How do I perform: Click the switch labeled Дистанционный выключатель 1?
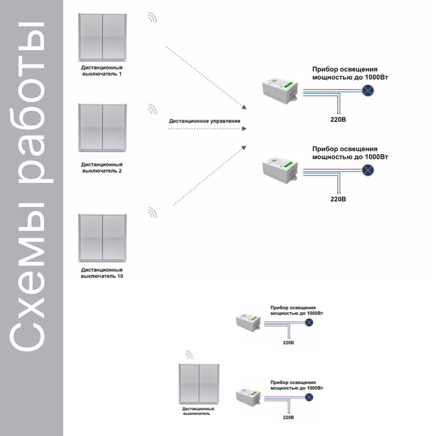102,37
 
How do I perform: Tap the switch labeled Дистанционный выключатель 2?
102,127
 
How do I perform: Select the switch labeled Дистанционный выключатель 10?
102,237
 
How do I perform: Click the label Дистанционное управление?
204,121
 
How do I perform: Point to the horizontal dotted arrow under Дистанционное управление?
207,129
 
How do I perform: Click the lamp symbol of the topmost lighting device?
368,91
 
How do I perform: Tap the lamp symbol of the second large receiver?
368,170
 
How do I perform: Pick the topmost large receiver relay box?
280,90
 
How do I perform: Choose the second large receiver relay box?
280,170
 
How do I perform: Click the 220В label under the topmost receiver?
338,119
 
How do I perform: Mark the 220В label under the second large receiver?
338,199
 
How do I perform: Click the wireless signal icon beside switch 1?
152,18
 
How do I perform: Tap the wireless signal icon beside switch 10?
152,213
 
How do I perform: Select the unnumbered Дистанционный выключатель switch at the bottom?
199,384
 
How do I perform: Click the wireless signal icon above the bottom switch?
189,355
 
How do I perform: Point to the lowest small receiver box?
249,397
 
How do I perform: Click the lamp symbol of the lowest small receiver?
309,397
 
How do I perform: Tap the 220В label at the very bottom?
288,417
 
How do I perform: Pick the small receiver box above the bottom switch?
249,323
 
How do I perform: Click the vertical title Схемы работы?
31,186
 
